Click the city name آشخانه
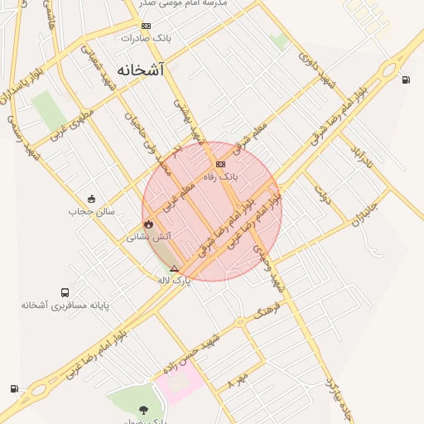[x=140, y=70]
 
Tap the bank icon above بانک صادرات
[x=147, y=26]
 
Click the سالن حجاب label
[x=91, y=211]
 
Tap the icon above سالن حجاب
[x=91, y=199]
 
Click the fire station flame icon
[x=148, y=224]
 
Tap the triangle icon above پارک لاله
[x=174, y=268]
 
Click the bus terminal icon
[x=65, y=293]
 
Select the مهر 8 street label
[x=238, y=380]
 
